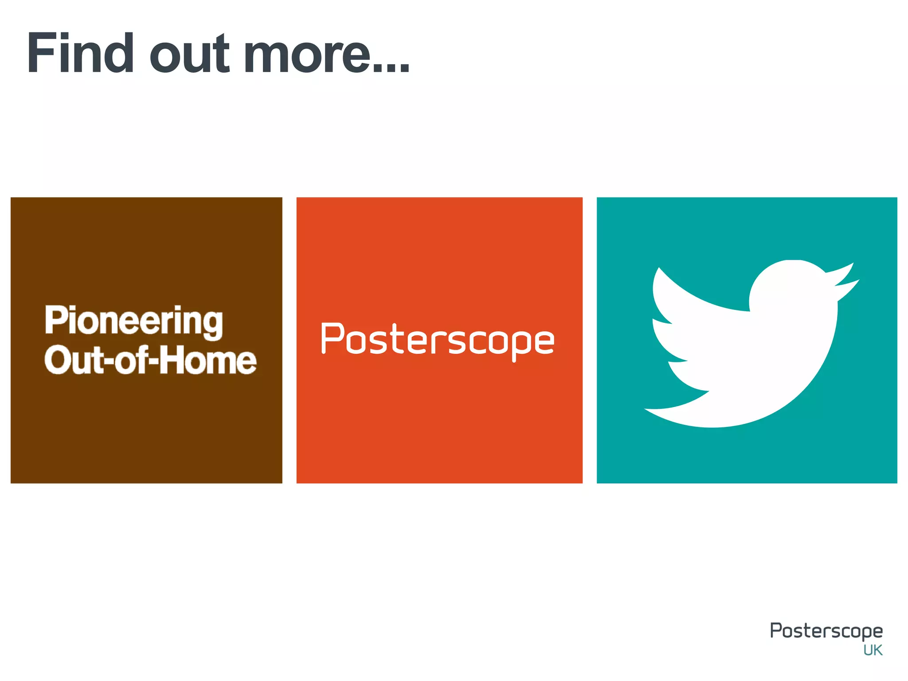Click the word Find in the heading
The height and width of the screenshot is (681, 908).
point(80,53)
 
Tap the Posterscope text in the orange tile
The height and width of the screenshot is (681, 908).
point(438,340)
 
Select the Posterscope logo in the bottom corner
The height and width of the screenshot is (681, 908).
point(826,630)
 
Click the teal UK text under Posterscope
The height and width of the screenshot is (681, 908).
point(873,650)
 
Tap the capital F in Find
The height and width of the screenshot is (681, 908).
point(40,53)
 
